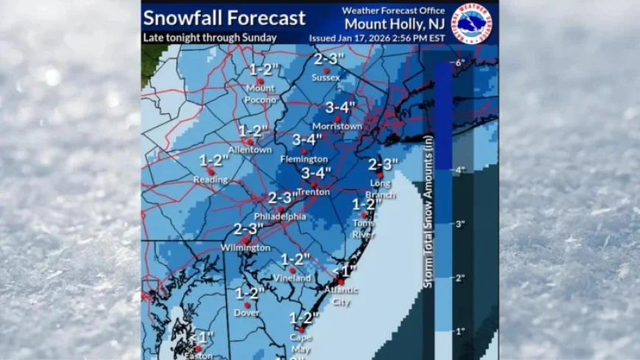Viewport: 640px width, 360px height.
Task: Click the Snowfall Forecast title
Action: click(224, 17)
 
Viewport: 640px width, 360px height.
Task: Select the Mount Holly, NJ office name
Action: click(394, 23)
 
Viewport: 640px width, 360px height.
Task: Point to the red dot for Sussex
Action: click(326, 70)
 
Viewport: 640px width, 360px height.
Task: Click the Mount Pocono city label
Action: click(260, 93)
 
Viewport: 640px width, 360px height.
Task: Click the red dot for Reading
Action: click(210, 172)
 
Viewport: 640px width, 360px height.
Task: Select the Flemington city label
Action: click(304, 159)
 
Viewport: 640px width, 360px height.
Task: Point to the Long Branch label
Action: click(380, 189)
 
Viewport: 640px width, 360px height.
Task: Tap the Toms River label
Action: click(363, 228)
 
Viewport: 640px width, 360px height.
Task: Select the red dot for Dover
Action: click(247, 305)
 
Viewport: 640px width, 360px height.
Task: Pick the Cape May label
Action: click(300, 342)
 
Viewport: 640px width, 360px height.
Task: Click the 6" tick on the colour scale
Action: click(461, 64)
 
